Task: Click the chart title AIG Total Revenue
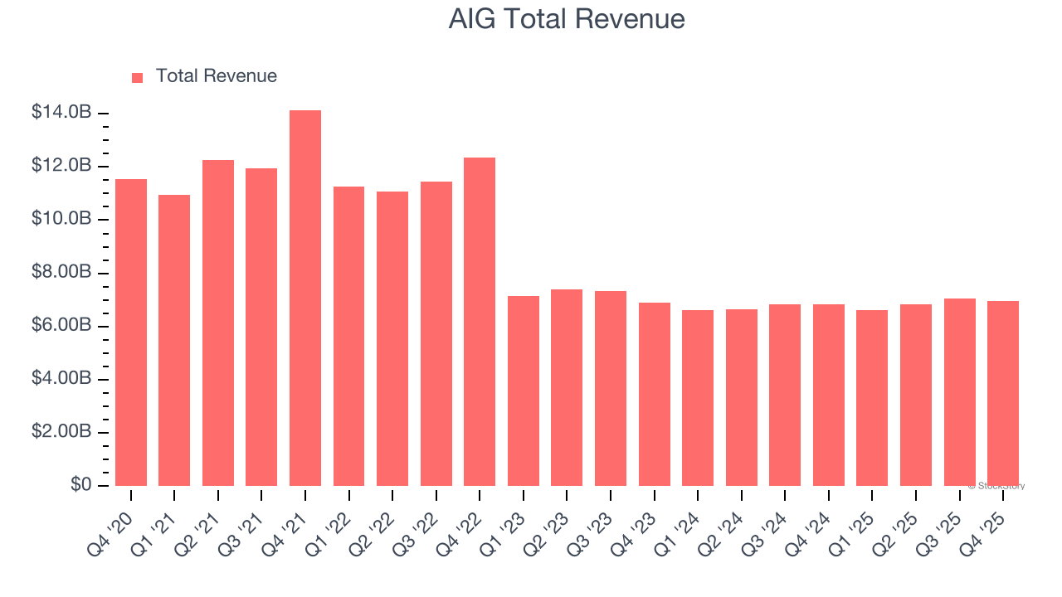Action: tap(567, 18)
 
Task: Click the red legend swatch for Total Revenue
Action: tap(138, 77)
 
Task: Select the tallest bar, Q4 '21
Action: tap(305, 298)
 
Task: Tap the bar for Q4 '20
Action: tap(131, 332)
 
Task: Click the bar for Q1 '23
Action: tap(524, 391)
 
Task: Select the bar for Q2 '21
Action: tap(218, 323)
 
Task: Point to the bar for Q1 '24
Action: tap(698, 398)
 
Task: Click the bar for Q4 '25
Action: tap(1003, 393)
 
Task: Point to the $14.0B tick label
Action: tap(61, 113)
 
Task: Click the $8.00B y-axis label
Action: tap(61, 273)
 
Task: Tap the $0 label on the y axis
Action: tap(80, 485)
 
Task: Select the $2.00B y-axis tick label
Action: tap(61, 432)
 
